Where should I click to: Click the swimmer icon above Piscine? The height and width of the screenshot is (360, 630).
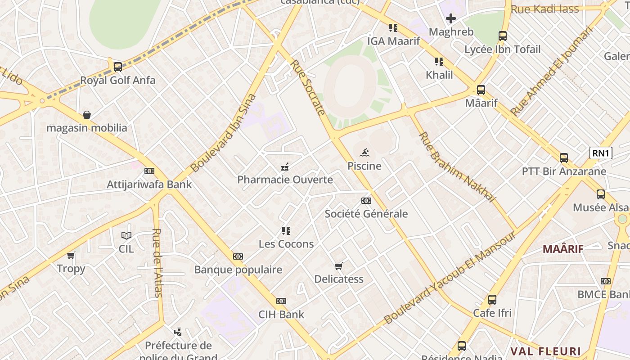point(364,152)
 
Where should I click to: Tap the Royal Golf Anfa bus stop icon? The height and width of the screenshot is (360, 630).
point(118,67)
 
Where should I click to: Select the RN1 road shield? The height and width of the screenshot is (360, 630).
point(601,153)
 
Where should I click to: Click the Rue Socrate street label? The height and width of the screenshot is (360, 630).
point(308,87)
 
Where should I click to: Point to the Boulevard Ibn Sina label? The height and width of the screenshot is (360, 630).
point(224,133)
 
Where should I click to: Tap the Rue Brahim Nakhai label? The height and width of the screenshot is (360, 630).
point(456,167)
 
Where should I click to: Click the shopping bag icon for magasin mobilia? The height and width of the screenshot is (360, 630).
point(87,115)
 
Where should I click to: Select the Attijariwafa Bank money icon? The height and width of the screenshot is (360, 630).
point(149,171)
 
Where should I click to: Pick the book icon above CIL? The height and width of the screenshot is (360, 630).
point(126,235)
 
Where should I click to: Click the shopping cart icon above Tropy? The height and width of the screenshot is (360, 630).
point(71,256)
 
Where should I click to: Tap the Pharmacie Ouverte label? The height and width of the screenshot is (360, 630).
point(285,180)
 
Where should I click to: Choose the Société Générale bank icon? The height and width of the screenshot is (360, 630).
point(366,201)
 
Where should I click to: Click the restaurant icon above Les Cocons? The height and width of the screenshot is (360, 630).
point(286,231)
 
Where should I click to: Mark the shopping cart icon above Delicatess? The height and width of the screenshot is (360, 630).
point(339,266)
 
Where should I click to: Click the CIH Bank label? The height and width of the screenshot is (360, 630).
point(281,314)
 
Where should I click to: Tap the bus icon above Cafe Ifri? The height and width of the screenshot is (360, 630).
point(492,299)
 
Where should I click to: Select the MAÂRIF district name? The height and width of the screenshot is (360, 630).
point(563,249)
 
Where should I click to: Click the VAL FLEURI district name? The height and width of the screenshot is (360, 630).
point(545,351)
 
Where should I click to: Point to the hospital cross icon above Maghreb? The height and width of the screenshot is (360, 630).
point(451,18)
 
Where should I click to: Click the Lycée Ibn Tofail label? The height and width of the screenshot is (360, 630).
point(502,49)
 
